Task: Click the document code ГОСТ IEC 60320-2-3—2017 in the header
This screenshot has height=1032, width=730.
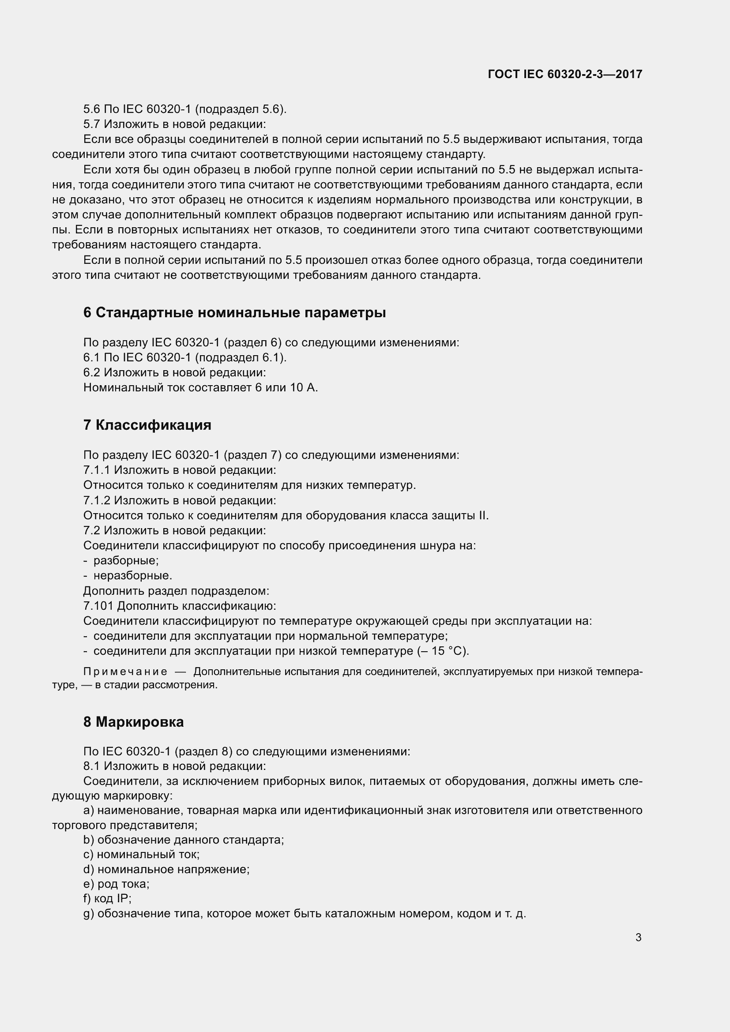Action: click(x=565, y=74)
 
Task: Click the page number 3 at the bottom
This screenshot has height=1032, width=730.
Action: click(x=638, y=937)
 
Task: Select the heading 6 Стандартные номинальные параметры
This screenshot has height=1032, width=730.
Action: click(x=234, y=312)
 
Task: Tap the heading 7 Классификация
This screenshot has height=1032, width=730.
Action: click(x=147, y=425)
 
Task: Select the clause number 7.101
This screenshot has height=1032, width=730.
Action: click(x=98, y=606)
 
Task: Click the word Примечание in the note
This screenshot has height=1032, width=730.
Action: click(x=125, y=672)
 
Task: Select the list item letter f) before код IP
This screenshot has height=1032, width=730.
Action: click(x=87, y=898)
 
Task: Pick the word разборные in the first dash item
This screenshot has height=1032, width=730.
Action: click(x=125, y=560)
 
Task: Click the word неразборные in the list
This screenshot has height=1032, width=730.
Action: click(x=132, y=576)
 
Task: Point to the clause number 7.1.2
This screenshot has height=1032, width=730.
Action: click(x=97, y=500)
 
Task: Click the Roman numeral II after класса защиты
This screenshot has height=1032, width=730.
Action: click(x=483, y=515)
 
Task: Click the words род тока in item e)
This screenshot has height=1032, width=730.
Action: click(x=123, y=884)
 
